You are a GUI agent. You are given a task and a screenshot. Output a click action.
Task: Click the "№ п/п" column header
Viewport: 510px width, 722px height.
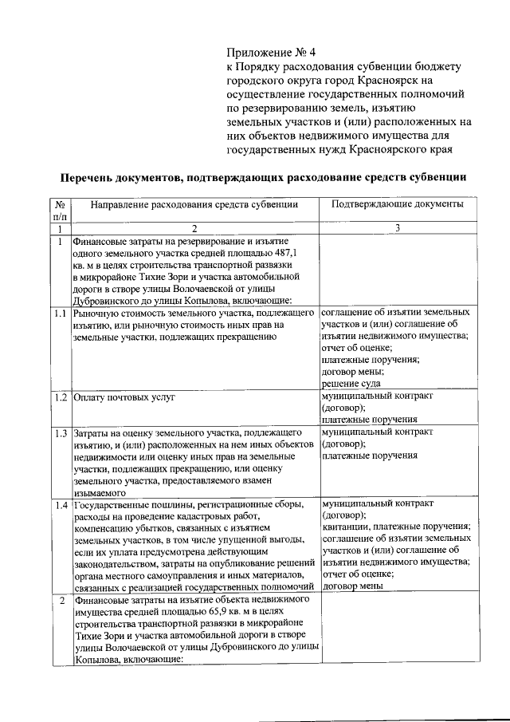point(60,211)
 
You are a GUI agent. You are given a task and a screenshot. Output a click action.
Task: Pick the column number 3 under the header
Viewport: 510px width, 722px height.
point(397,229)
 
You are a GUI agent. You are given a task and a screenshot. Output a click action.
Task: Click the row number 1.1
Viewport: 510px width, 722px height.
point(60,313)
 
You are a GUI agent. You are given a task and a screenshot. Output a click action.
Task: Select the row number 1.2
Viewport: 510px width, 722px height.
point(60,397)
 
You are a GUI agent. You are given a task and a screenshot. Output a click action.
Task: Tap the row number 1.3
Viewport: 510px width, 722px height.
point(60,433)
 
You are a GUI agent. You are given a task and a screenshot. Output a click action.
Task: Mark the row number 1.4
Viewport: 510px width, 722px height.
point(60,505)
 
